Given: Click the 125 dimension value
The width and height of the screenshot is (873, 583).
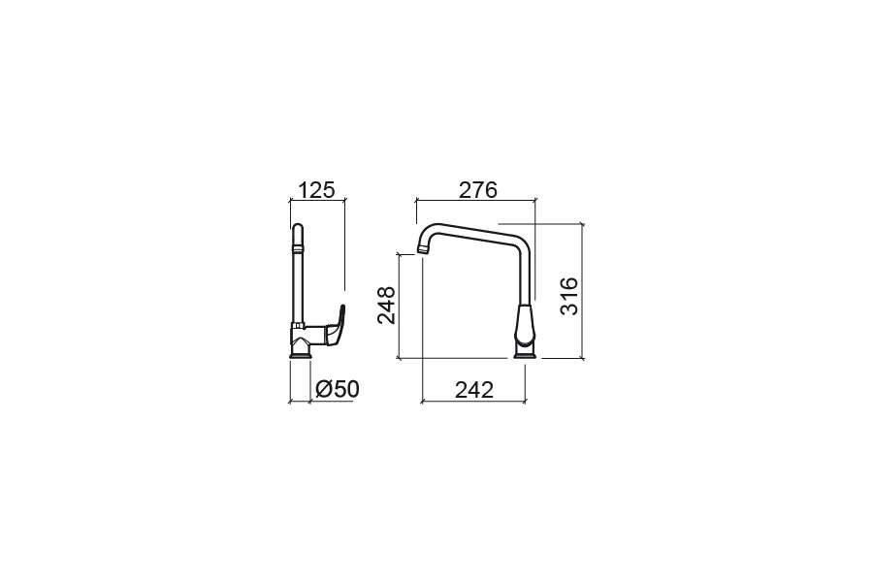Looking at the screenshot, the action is click(317, 190).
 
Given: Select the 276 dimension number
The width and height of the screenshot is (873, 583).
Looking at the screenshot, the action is click(477, 190).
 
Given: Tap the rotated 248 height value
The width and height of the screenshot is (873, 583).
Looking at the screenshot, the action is click(386, 305).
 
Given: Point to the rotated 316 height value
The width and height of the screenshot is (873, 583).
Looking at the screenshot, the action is click(569, 296).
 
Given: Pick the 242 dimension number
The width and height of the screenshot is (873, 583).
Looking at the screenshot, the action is click(474, 390).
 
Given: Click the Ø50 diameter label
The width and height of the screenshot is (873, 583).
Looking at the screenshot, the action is click(338, 389).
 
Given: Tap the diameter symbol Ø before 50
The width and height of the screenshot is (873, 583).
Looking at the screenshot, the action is click(324, 389).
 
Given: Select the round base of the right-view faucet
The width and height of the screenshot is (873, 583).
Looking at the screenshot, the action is click(525, 351).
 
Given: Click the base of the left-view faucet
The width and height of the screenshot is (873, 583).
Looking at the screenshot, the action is click(300, 351).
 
